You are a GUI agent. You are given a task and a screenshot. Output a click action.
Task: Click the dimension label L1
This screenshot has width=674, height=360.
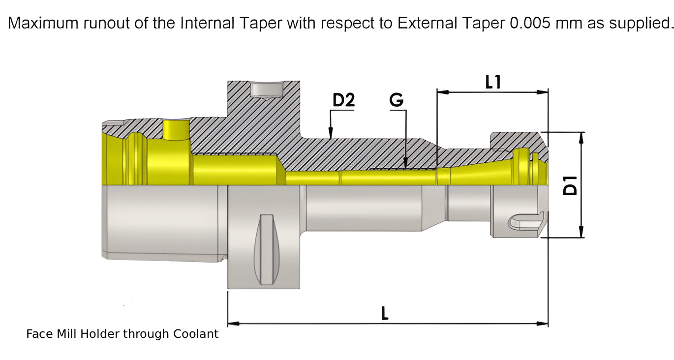tap(493, 82)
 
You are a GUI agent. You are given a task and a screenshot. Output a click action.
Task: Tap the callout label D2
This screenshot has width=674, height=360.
tap(343, 100)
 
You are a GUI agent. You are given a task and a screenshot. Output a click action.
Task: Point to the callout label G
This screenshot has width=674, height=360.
tap(397, 100)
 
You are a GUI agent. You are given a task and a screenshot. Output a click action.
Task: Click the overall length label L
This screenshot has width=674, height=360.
tap(385, 313)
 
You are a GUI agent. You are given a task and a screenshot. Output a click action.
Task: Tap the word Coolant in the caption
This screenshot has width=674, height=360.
tap(196, 334)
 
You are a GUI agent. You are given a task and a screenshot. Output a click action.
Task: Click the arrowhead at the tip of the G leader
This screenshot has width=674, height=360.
tap(405, 162)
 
